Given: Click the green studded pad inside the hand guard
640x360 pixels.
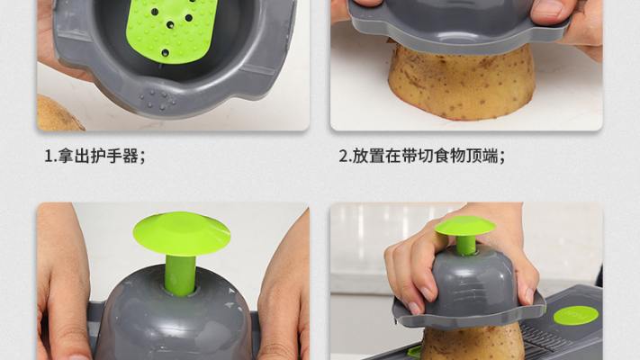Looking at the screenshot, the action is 171,31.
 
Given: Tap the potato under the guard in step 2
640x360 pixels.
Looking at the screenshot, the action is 461,82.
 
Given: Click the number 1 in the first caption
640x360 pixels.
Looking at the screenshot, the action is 49,156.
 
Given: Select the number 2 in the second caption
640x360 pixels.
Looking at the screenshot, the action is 344,156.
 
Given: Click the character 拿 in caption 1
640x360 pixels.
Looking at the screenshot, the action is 66,156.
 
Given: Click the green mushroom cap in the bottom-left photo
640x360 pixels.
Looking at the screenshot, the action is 182,233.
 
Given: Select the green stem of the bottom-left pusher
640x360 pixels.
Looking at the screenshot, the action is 180,274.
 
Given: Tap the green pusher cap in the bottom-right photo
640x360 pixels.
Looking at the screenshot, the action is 464,226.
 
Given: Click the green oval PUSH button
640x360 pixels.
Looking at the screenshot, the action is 576,315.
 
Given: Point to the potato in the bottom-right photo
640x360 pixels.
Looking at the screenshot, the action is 472,342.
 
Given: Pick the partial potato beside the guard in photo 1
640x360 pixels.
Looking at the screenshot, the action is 59,113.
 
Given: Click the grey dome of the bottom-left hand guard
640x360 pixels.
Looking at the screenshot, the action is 175,314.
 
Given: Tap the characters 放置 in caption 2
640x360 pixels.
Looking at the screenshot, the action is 368,156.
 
